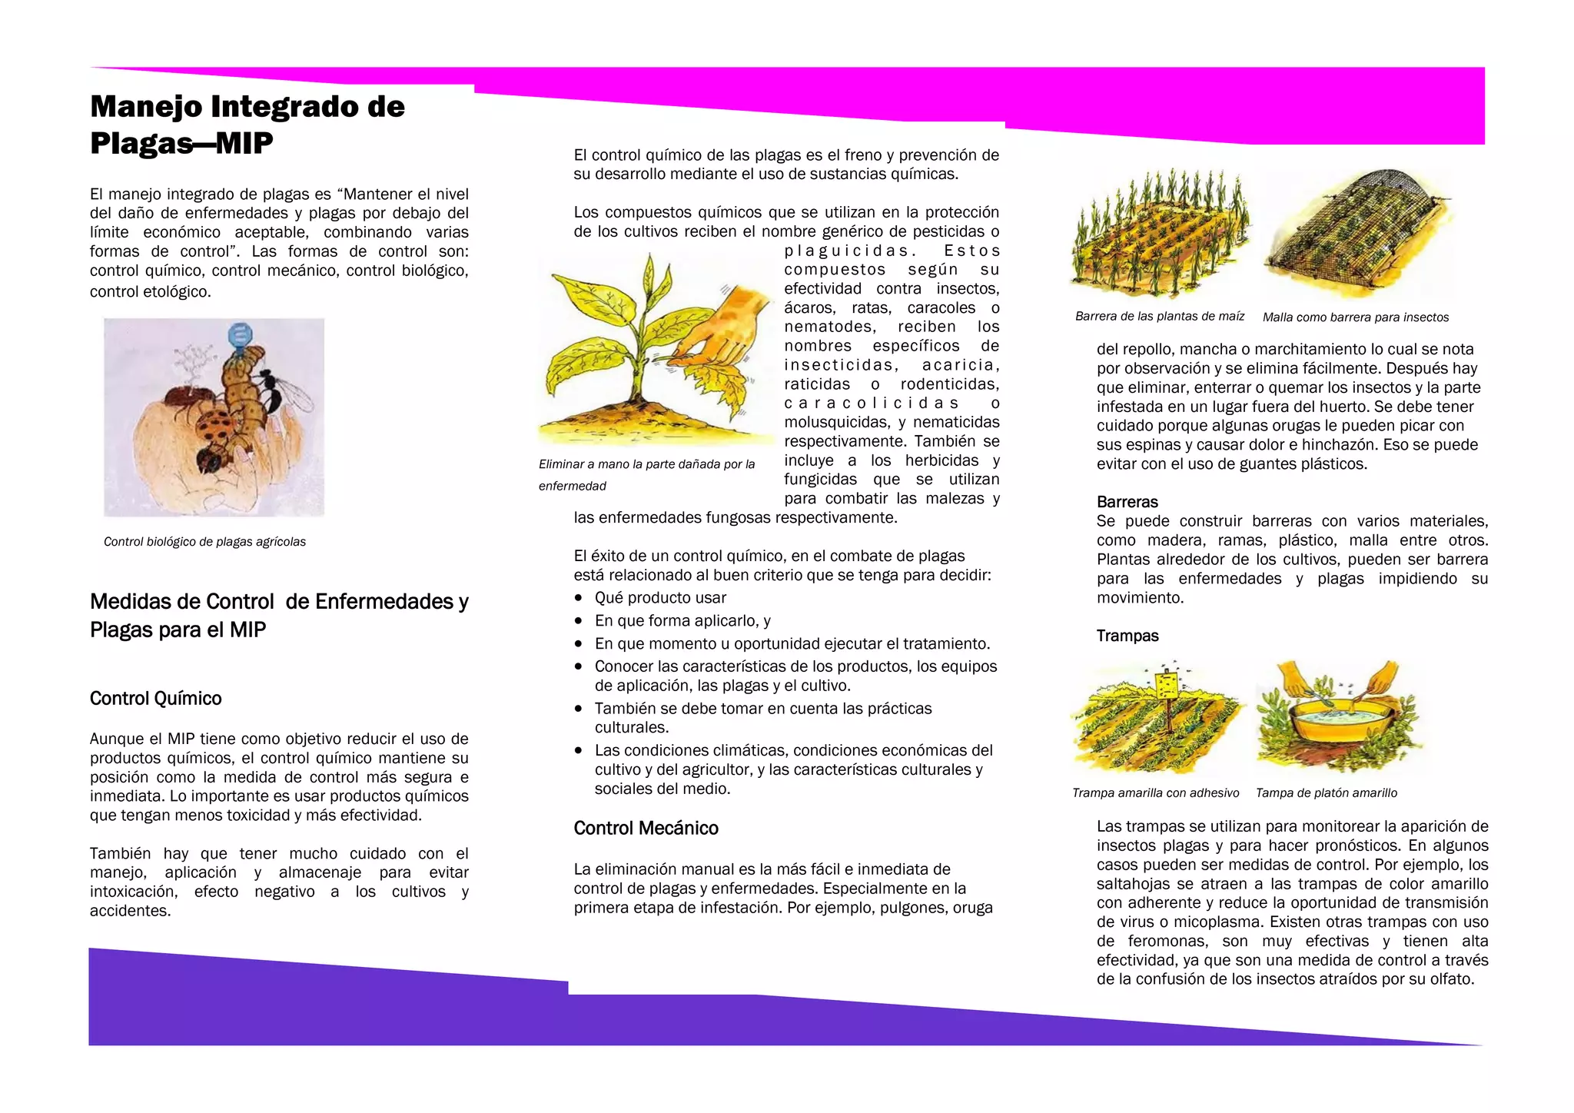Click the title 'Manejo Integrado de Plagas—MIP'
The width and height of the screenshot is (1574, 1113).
coord(247,125)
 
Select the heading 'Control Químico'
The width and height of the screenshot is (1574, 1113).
coord(155,698)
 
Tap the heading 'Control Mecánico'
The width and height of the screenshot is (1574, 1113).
coord(646,828)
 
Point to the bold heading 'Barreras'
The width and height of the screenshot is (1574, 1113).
coord(1127,502)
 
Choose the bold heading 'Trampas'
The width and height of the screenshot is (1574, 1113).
coord(1127,636)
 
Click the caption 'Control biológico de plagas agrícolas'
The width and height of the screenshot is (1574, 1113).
coord(204,542)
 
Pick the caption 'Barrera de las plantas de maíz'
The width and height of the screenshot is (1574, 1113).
coord(1159,316)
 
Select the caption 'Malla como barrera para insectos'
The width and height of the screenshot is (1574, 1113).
coord(1355,317)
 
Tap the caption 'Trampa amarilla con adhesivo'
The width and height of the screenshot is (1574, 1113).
coord(1155,792)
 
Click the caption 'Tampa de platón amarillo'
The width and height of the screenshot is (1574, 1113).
coord(1326,792)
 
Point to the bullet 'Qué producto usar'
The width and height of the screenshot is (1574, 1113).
coord(660,598)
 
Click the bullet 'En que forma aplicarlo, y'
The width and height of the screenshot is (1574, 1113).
coord(682,620)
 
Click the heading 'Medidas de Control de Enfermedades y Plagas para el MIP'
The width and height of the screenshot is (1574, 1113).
coord(279,615)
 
